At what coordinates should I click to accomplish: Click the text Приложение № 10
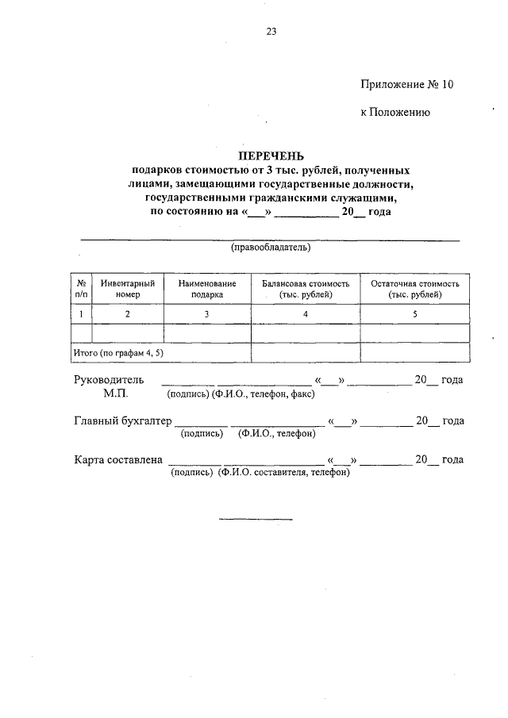click(x=407, y=83)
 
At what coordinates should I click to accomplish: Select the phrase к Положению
click(x=395, y=113)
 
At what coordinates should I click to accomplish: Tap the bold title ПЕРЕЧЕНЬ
click(x=271, y=156)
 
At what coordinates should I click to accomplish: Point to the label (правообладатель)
click(x=271, y=248)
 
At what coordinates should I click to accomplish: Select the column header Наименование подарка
click(x=206, y=288)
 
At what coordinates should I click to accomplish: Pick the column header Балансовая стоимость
click(x=306, y=288)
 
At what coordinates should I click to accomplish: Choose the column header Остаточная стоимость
click(x=415, y=288)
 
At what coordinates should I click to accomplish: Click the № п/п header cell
click(x=81, y=288)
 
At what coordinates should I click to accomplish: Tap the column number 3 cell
click(x=206, y=313)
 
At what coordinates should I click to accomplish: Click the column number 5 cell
click(x=415, y=313)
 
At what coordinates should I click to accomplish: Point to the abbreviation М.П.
click(x=114, y=393)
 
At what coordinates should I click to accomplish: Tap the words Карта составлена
click(x=118, y=459)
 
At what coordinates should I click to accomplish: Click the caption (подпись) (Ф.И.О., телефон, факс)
click(x=240, y=394)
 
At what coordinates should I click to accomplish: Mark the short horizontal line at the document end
click(x=256, y=519)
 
